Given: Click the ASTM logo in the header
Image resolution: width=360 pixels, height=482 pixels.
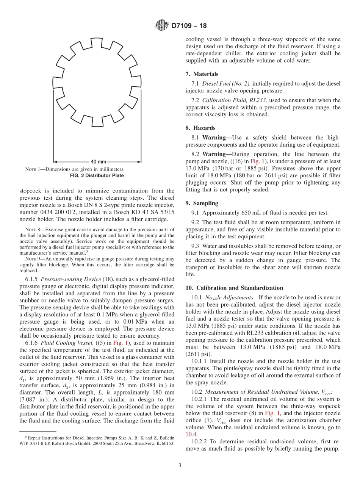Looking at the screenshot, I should [162, 26].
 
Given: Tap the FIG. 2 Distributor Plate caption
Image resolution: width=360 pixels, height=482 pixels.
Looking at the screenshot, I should [97, 175].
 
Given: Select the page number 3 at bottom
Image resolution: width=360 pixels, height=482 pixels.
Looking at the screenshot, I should [180, 465].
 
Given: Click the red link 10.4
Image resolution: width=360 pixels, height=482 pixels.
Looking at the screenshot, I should [191, 434].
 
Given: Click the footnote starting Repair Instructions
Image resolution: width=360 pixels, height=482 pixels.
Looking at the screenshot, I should [97, 440].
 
